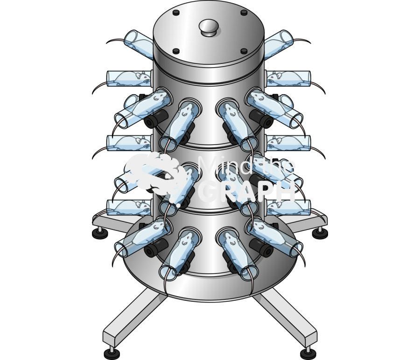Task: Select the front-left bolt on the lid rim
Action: click(176, 51)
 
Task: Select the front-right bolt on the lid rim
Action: click(243, 51)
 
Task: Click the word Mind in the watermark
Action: click(219, 166)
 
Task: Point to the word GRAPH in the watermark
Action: click(247, 191)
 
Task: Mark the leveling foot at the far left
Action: click(99, 232)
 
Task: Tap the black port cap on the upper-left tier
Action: click(155, 119)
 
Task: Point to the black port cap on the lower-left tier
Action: click(155, 249)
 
